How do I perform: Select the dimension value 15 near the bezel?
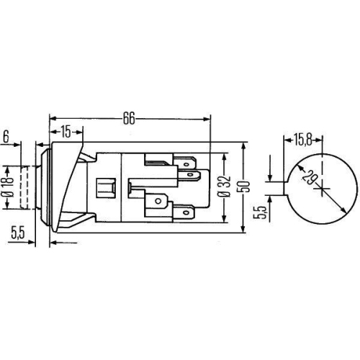66,132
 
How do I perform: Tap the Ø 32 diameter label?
223,186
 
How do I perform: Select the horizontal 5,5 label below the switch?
18,233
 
